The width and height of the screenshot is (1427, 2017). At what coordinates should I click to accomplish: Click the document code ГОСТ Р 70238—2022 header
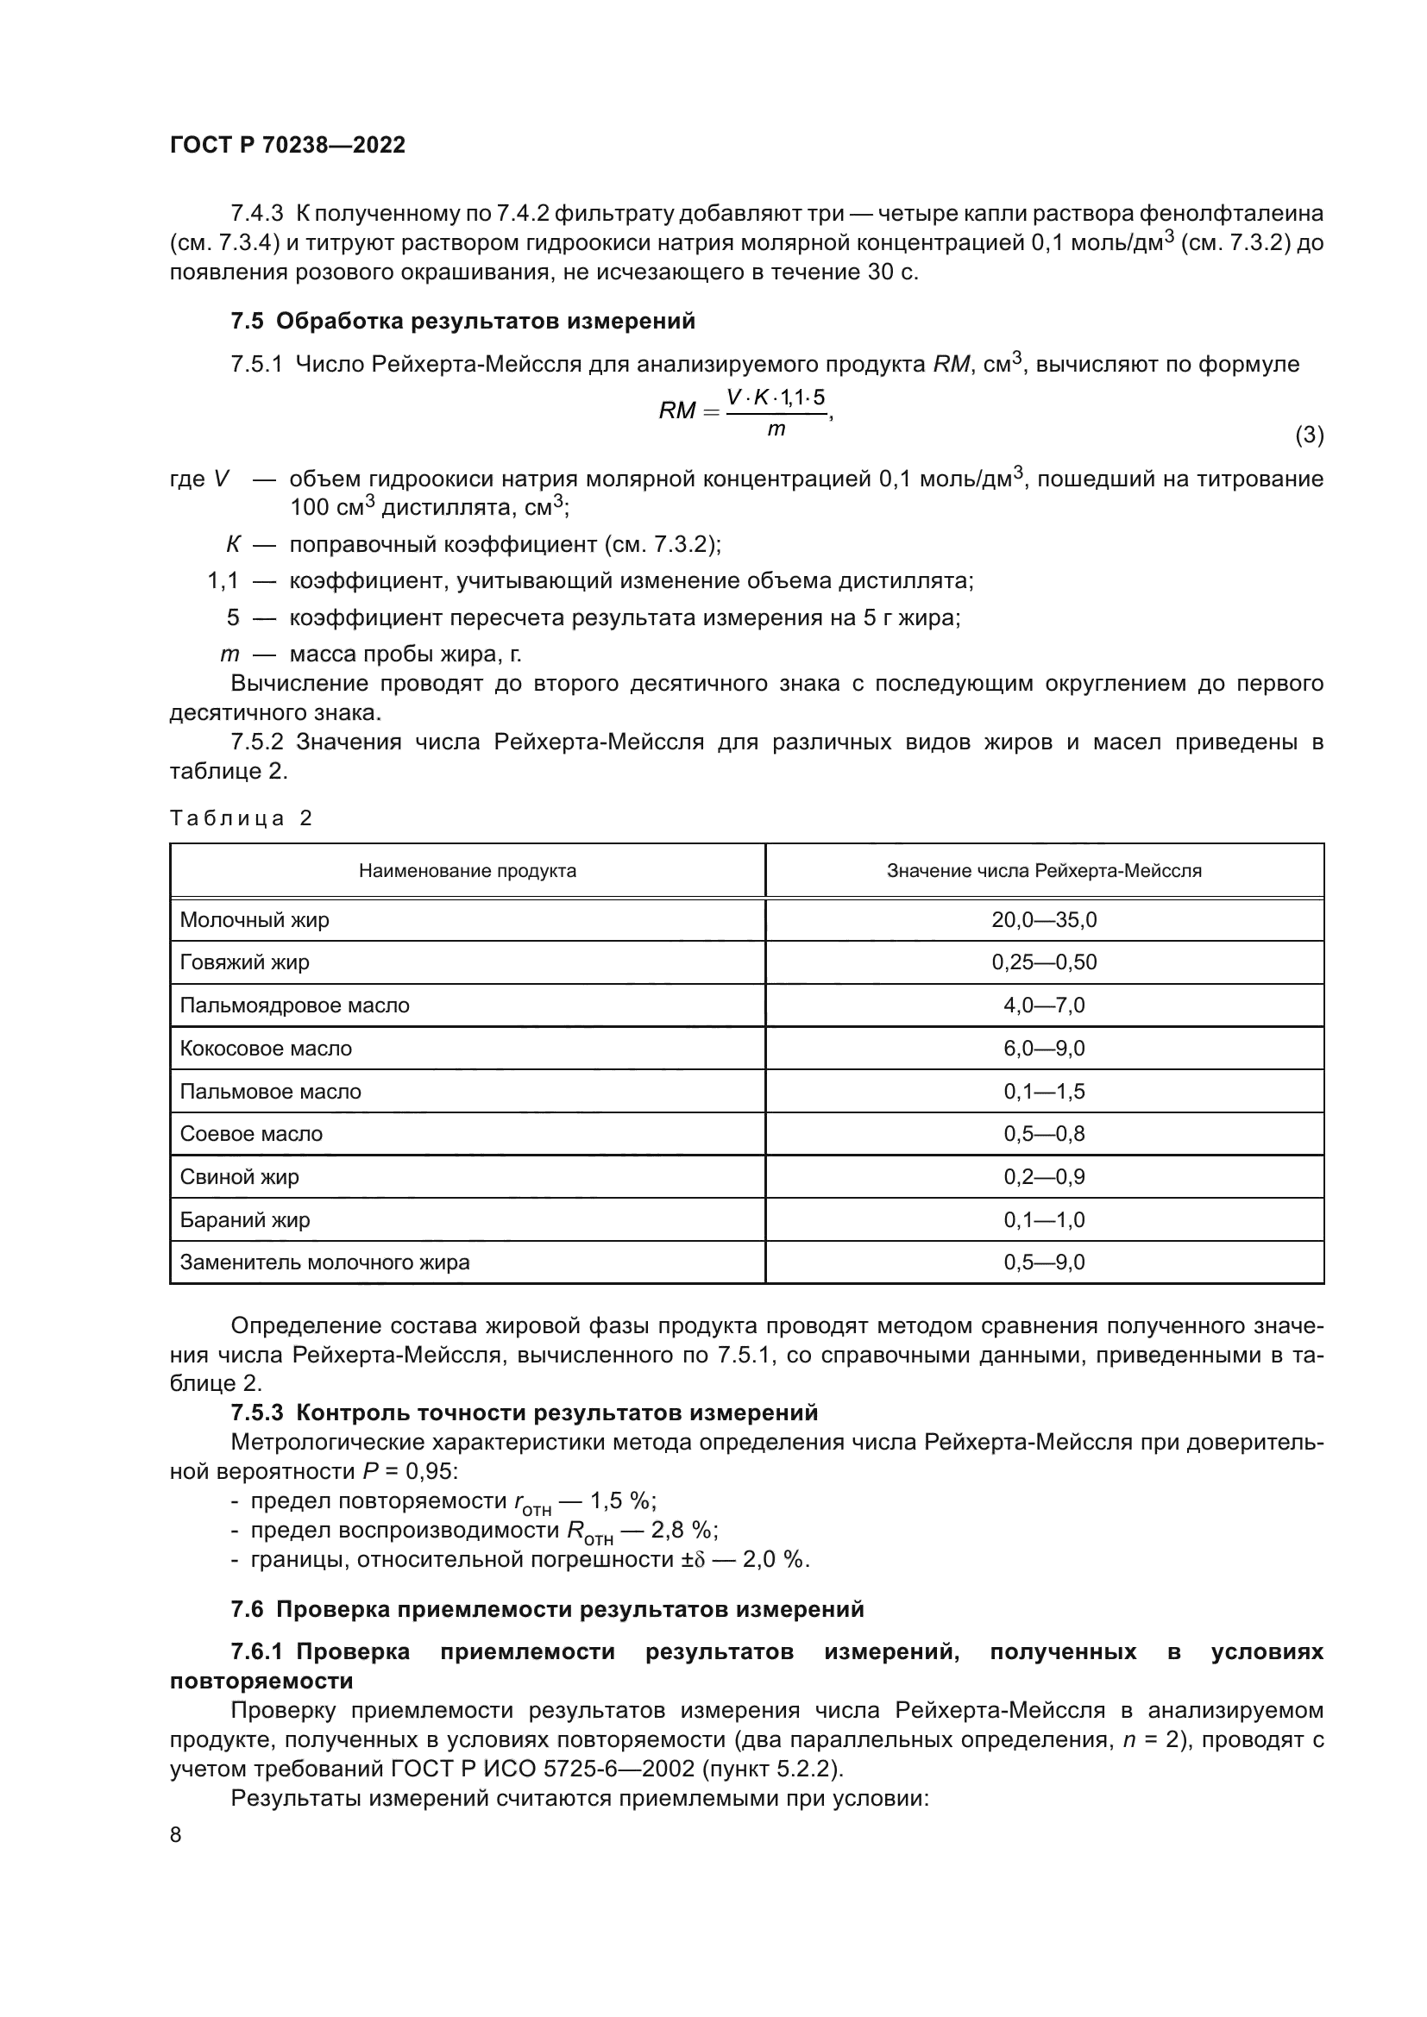coord(287,145)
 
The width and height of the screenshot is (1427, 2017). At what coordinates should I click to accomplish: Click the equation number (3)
coord(1309,435)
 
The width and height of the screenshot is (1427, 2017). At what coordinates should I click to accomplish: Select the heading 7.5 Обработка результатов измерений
coord(462,322)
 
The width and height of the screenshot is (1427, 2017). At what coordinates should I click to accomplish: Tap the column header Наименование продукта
coord(467,871)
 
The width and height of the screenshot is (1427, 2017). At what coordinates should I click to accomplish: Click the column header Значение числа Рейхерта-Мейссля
coord(1043,871)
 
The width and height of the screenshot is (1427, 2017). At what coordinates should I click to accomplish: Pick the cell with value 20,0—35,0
coord(1043,920)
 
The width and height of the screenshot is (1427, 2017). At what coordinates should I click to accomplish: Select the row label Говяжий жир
coord(244,962)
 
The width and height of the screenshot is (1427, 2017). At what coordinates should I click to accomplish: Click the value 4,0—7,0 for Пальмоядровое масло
coord(1043,1005)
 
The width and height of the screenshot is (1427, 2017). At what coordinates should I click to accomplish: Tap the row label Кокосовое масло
coord(266,1048)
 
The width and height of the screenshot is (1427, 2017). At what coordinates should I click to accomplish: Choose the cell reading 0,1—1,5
coord(1043,1091)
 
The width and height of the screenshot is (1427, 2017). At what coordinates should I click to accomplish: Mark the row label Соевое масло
coord(251,1133)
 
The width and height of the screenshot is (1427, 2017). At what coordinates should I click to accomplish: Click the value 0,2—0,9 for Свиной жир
coord(1043,1176)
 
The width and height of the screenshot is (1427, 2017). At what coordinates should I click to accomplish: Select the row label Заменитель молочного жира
coord(324,1262)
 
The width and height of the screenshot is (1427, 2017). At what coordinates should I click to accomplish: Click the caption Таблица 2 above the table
coord(241,818)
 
